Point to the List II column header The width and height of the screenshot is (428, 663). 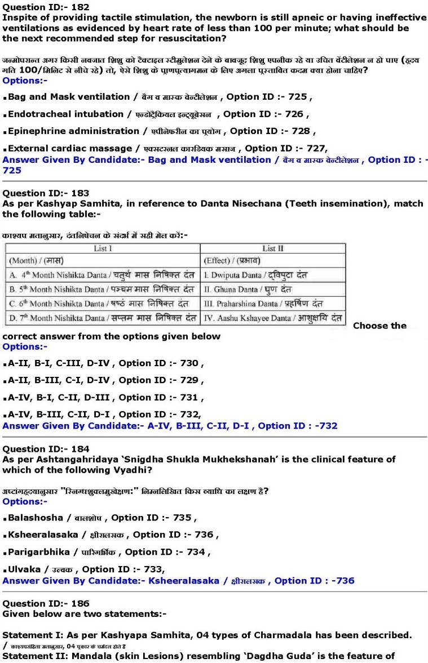pos(273,248)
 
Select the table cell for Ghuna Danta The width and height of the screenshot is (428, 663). pos(273,290)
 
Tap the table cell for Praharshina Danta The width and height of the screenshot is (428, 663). pos(273,304)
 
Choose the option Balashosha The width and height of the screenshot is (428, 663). pos(39,518)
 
